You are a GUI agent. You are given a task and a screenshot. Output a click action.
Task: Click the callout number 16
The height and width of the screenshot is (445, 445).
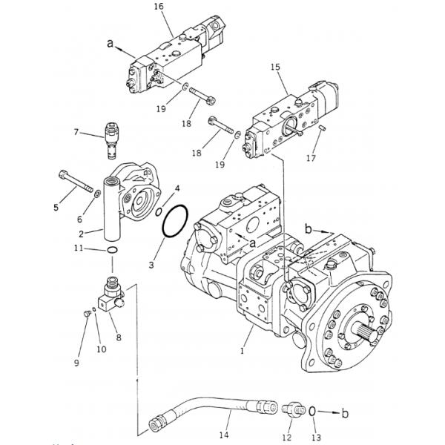(x=158, y=7)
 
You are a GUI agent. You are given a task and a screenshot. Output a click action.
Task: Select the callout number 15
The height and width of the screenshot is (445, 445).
(x=274, y=67)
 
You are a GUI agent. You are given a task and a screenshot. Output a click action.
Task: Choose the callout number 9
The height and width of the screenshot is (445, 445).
(x=76, y=362)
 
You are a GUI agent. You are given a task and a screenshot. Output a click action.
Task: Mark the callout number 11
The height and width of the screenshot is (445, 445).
(x=88, y=248)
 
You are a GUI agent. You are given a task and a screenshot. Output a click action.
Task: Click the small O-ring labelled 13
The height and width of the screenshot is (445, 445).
(x=312, y=410)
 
